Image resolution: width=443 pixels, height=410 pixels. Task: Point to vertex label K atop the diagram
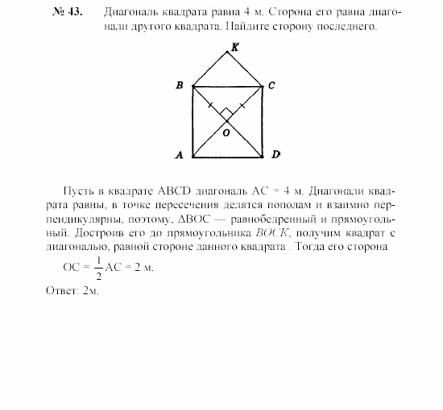click(x=234, y=47)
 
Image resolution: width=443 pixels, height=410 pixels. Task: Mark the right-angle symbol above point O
click(x=228, y=112)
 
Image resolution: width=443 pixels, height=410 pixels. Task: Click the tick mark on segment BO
click(x=211, y=105)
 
